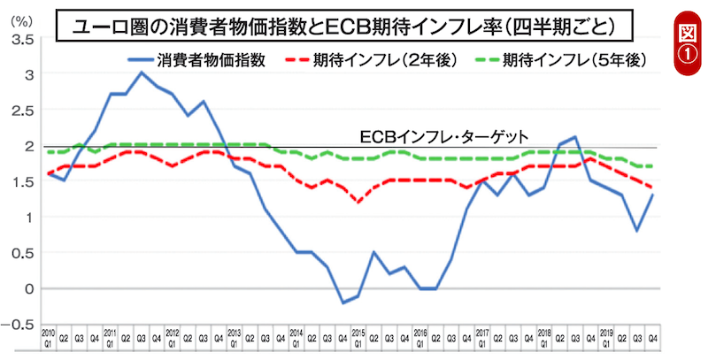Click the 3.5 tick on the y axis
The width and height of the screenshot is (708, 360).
[24, 40]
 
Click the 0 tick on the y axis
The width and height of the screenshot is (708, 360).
[29, 288]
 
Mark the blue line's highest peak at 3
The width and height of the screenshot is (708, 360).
[142, 73]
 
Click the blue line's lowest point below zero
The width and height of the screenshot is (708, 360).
[343, 303]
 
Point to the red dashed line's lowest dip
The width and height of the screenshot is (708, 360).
[358, 203]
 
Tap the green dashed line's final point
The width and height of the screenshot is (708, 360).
[654, 166]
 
